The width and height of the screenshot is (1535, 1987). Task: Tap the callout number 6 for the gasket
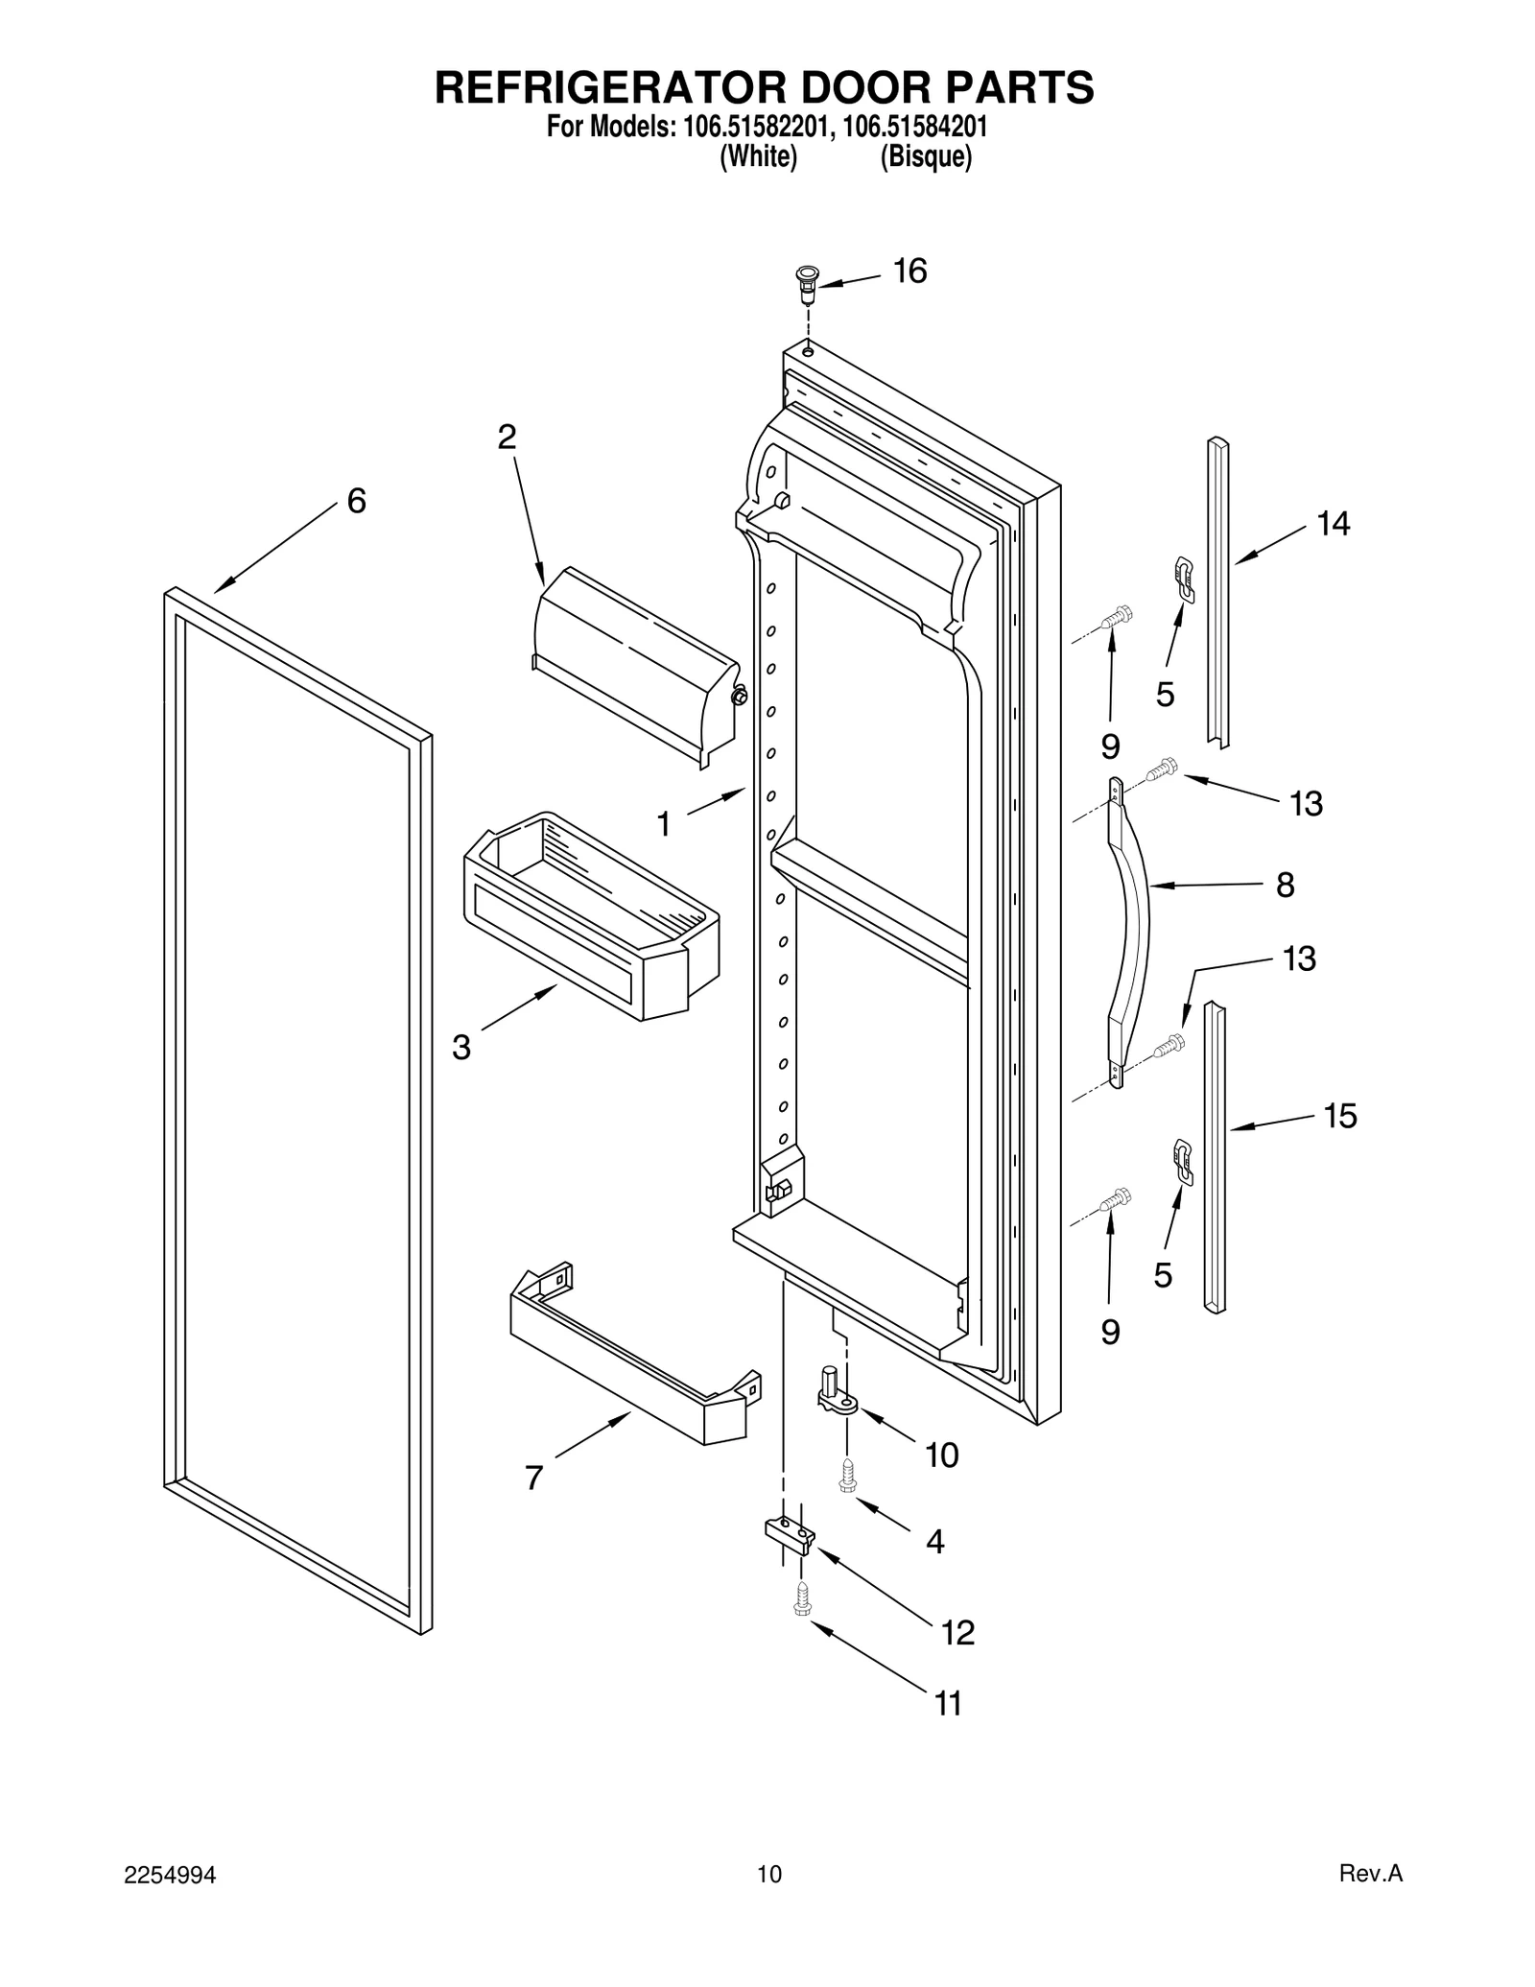coord(356,501)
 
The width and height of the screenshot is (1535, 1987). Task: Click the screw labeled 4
coord(846,1477)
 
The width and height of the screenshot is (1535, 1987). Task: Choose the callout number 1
coord(663,823)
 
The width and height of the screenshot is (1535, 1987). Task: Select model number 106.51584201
coord(915,128)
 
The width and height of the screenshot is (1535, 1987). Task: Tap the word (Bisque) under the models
coord(926,157)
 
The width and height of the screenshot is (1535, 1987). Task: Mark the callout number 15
coord(1340,1116)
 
